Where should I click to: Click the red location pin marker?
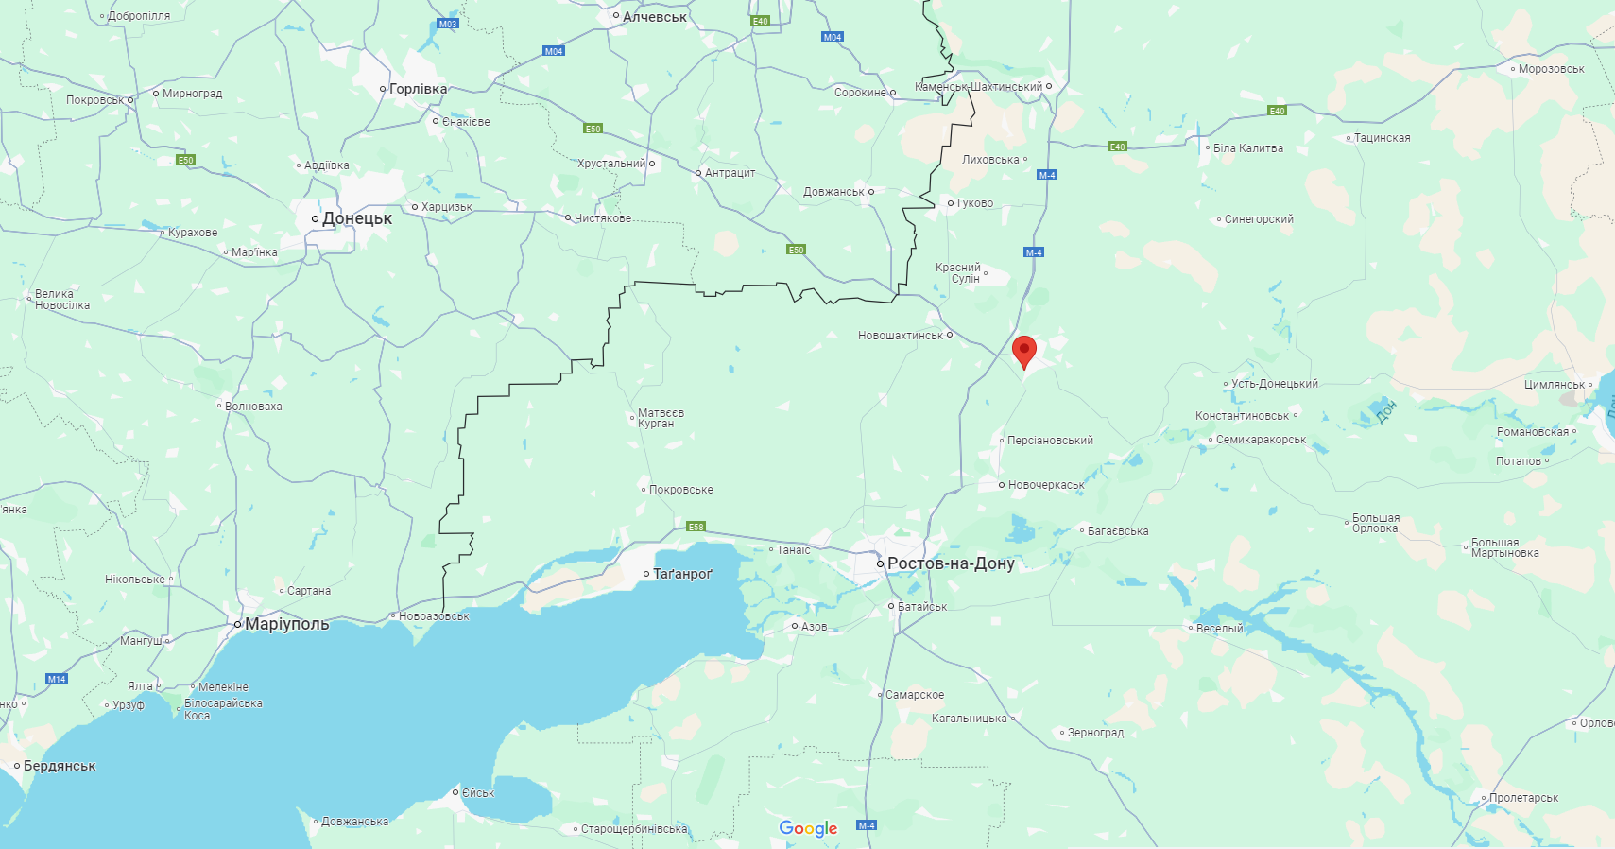coord(1023,351)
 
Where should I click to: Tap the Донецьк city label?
coord(356,218)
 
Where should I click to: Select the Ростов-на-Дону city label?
coord(950,563)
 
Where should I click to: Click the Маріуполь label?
coord(286,624)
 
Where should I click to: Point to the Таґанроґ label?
coord(682,574)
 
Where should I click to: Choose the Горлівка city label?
coord(418,89)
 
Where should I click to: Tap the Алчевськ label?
coord(654,17)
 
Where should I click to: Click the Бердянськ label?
coord(60,766)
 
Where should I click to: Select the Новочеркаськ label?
coord(1046,485)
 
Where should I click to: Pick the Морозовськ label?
coord(1551,69)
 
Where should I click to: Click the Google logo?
coord(808,828)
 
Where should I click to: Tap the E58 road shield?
coord(696,527)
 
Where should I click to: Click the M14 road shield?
coord(57,679)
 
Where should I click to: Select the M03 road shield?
coord(448,24)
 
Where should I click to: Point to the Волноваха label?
coord(253,407)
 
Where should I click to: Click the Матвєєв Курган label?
coord(661,418)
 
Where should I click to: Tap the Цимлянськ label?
coord(1555,385)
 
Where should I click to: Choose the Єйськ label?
coord(478,793)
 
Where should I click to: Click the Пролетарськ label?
coord(1523,798)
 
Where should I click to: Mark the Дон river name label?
coord(1386,410)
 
